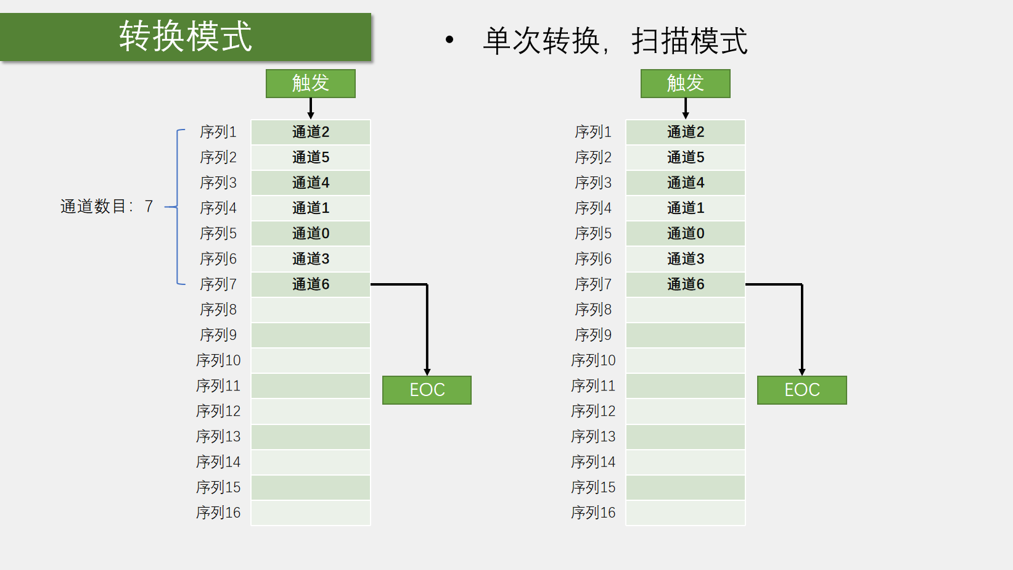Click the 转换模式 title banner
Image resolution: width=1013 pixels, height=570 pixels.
186,36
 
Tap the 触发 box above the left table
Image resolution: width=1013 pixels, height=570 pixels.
311,83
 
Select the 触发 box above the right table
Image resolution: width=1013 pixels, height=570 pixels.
686,83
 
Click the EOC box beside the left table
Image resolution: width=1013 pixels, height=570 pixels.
427,390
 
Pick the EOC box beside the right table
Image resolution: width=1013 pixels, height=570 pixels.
802,390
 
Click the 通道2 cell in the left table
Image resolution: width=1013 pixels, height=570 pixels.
311,132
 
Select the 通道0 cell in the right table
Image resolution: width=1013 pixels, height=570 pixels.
686,233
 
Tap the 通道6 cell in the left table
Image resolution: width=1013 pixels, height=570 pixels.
311,284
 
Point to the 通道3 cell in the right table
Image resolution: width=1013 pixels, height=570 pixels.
686,258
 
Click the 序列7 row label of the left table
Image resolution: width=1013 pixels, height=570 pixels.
218,284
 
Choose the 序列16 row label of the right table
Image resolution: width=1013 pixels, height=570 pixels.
593,513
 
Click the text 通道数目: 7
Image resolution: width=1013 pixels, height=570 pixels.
107,206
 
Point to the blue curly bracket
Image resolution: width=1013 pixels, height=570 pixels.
177,207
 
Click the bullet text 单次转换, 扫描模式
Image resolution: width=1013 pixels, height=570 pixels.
615,41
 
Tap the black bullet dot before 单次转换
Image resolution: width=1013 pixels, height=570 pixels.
449,40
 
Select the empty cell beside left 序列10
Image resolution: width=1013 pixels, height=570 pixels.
311,360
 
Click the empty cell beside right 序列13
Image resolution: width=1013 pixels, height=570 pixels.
686,437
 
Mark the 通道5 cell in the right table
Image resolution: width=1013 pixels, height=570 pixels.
686,157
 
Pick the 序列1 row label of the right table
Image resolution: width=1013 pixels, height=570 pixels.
593,132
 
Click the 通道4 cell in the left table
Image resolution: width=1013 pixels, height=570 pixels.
311,183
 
